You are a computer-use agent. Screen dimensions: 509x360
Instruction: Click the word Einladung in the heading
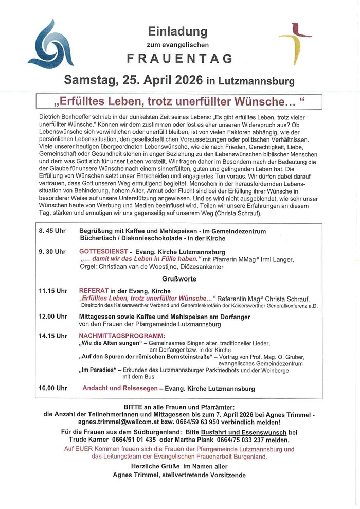[177, 31]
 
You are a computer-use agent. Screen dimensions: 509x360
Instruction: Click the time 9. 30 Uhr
[53, 252]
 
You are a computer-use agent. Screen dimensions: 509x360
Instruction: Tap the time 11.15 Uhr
[53, 291]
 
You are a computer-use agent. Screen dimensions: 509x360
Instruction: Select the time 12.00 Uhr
[53, 317]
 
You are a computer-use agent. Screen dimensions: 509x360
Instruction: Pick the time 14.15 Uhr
[53, 336]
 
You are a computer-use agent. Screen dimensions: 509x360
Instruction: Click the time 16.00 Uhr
[53, 388]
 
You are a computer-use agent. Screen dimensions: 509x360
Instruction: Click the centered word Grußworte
[179, 278]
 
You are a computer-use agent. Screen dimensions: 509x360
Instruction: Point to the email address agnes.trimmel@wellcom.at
[98, 422]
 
